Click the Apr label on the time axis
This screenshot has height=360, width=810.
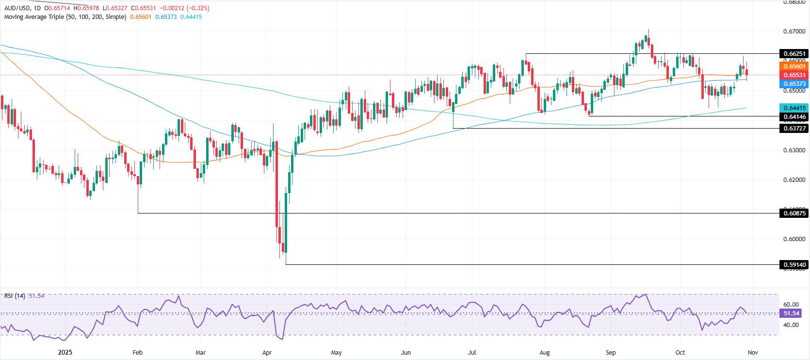click(x=267, y=353)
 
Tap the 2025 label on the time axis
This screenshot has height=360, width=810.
click(x=65, y=353)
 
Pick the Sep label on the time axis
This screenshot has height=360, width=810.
click(x=611, y=353)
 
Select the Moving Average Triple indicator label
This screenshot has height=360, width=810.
click(x=65, y=17)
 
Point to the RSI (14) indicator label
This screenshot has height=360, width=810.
click(x=15, y=295)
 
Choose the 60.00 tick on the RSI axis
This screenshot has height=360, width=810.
click(x=791, y=305)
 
